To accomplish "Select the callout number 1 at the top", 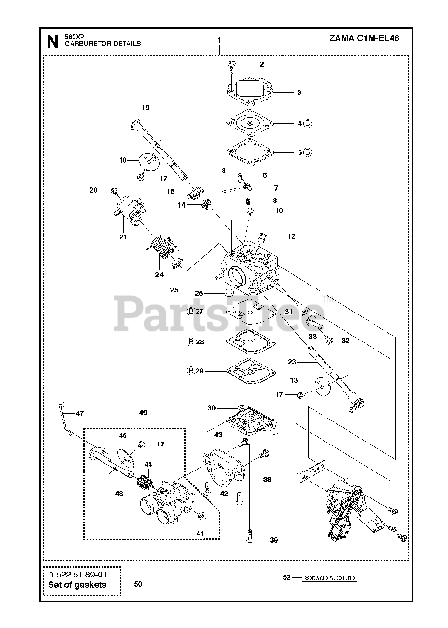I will (x=219, y=40).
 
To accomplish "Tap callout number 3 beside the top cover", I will (x=299, y=92).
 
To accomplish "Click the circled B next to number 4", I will (x=307, y=124).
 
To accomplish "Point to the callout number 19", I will (x=145, y=108).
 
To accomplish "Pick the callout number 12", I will (x=292, y=236).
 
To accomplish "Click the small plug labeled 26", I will (x=228, y=293).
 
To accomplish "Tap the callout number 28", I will (x=200, y=342).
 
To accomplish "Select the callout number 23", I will (x=292, y=362).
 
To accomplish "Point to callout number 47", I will (x=80, y=413).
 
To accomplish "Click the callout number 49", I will (x=143, y=413).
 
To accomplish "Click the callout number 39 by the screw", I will (x=274, y=540).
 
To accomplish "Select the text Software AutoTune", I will (x=330, y=578).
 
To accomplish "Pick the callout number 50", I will (x=138, y=584).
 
